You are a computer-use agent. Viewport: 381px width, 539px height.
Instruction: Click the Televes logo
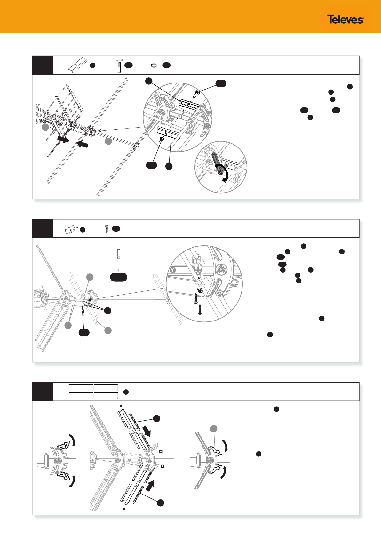(x=345, y=19)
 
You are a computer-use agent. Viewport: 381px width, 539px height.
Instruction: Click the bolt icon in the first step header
(x=118, y=65)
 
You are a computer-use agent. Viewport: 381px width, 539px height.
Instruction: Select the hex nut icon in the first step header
(x=154, y=65)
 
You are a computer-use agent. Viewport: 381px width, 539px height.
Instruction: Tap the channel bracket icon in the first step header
(x=77, y=65)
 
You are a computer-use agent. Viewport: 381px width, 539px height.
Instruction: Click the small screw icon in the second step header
(x=107, y=229)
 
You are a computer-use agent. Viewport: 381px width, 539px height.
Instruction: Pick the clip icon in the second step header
(x=71, y=230)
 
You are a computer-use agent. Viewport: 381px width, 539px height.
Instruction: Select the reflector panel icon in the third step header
(x=93, y=392)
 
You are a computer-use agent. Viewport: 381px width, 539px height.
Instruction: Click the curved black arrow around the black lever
(x=223, y=172)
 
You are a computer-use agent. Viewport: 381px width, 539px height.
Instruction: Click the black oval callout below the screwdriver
(x=118, y=277)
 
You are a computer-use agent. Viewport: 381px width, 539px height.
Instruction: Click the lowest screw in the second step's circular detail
(x=200, y=309)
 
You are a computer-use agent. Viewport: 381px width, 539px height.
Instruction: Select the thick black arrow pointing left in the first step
(x=82, y=144)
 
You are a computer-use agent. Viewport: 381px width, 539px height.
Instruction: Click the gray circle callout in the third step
(x=214, y=429)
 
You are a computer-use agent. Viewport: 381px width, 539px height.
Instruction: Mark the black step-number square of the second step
(x=43, y=228)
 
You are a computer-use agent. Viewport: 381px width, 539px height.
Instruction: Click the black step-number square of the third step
(x=43, y=392)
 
